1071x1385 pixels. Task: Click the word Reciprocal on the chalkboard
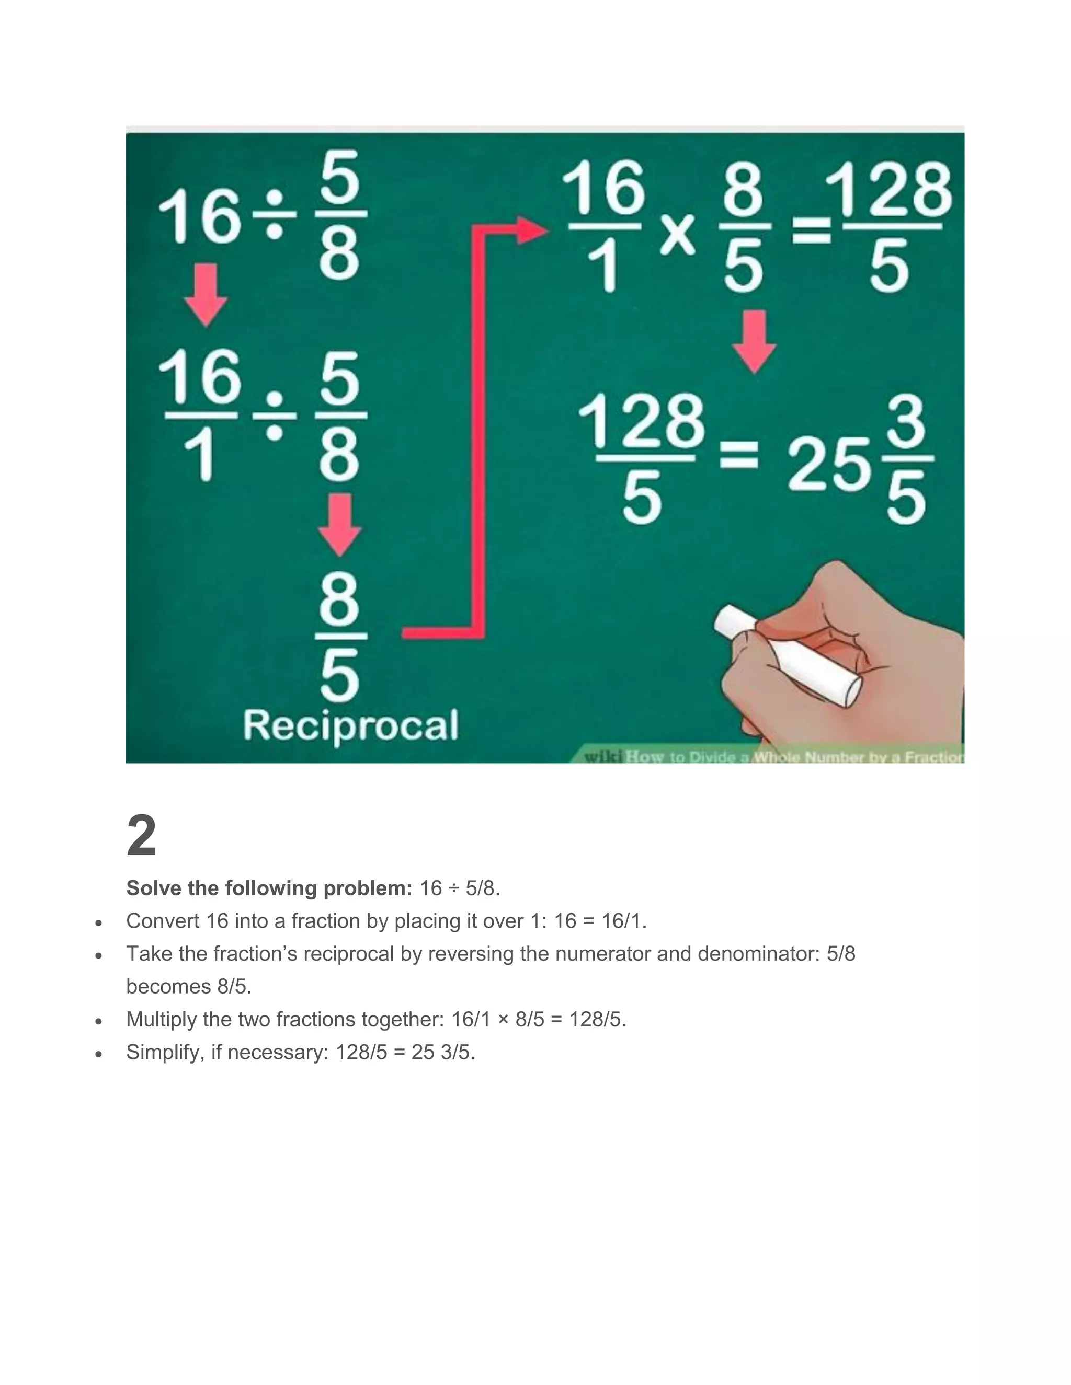point(350,725)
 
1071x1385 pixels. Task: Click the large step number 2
point(142,836)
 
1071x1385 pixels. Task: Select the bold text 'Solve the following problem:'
point(269,888)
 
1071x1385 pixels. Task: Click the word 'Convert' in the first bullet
point(163,921)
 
